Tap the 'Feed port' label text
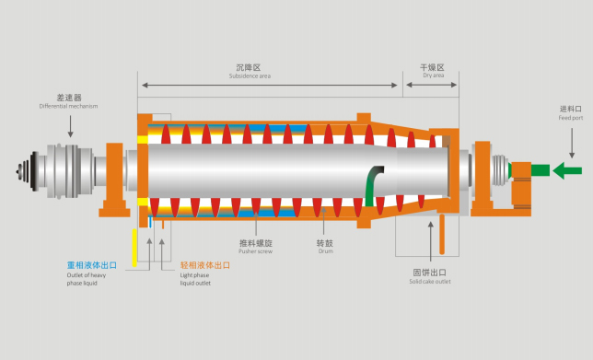571,116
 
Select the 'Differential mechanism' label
68,106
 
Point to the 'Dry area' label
433,75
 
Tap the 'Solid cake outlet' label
430,281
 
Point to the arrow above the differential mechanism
70,127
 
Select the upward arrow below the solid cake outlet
430,239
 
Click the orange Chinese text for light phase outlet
204,264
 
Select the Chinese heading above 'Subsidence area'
250,67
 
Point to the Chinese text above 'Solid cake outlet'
430,272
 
